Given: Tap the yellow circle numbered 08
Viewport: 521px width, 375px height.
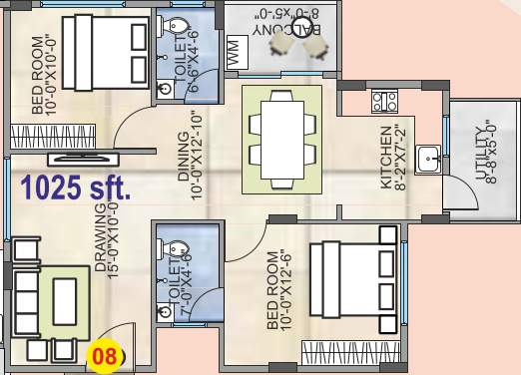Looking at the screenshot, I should pyautogui.click(x=103, y=353).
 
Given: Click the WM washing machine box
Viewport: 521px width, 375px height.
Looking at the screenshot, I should pyautogui.click(x=233, y=55).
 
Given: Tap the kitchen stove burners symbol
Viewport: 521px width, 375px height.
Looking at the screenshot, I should pyautogui.click(x=385, y=101).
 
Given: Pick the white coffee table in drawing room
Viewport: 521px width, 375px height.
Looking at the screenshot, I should pyautogui.click(x=65, y=299).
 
